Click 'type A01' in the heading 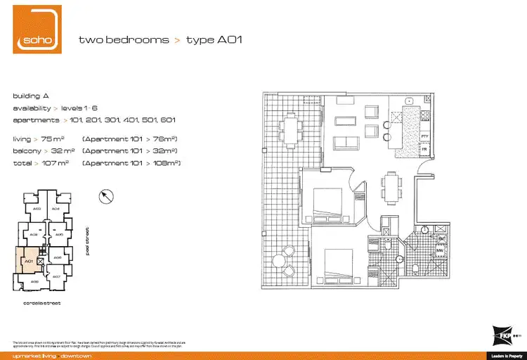point(216,40)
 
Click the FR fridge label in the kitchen point(424,149)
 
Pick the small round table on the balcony point(278,262)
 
